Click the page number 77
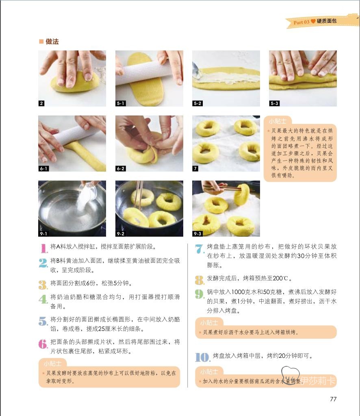pyautogui.click(x=333, y=399)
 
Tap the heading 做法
pyautogui.click(x=52, y=41)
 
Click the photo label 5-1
pyautogui.click(x=121, y=103)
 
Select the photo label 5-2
pyautogui.click(x=197, y=103)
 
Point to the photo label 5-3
pyautogui.click(x=274, y=103)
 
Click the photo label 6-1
pyautogui.click(x=44, y=168)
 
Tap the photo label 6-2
pyautogui.click(x=121, y=168)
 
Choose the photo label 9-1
pyautogui.click(x=44, y=233)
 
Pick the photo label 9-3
pyautogui.click(x=197, y=233)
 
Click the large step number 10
pyautogui.click(x=203, y=357)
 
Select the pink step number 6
pyautogui.click(x=43, y=344)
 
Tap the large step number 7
pyautogui.click(x=200, y=249)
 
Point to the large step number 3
pyautogui.click(x=43, y=285)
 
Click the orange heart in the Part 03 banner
pyautogui.click(x=313, y=21)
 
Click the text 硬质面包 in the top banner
pyautogui.click(x=327, y=21)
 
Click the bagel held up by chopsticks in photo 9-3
pyautogui.click(x=241, y=194)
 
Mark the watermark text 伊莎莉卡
pyautogui.click(x=318, y=381)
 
